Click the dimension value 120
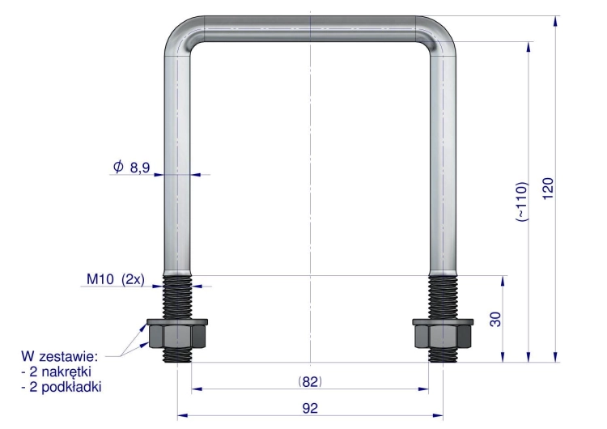[548, 189]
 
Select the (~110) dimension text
[522, 202]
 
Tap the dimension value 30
[496, 320]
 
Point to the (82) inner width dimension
[310, 382]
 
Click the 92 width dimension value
[310, 409]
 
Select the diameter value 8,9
[140, 168]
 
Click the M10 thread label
[100, 278]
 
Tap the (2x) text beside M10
[134, 279]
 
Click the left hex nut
[177, 337]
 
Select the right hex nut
[443, 337]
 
